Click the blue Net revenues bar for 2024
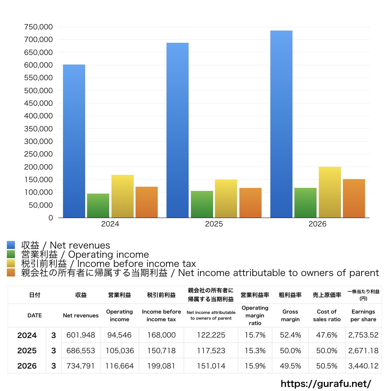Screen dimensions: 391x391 point(74,141)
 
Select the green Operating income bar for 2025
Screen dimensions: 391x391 point(202,204)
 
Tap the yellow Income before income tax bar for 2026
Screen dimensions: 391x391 point(330,192)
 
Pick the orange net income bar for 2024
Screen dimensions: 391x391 point(147,202)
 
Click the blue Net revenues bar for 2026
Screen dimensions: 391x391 point(281,124)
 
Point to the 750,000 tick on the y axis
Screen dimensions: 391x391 point(39,27)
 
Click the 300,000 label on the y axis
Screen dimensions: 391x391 point(39,141)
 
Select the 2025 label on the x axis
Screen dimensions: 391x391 point(214,224)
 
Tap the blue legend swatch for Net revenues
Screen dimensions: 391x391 point(11,245)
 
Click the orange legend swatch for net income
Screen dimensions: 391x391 point(11,273)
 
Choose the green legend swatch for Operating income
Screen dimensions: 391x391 point(11,254)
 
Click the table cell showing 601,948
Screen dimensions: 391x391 point(81,335)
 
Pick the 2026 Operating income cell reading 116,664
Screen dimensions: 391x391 point(120,366)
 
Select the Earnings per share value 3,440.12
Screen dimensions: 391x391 point(364,366)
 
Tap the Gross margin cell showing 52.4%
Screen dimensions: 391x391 point(290,335)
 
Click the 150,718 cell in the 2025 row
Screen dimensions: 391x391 point(162,351)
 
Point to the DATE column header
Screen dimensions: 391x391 point(35,315)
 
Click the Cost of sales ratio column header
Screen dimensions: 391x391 point(327,315)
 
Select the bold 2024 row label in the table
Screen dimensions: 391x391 point(27,335)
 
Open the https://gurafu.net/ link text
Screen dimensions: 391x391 point(326,383)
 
